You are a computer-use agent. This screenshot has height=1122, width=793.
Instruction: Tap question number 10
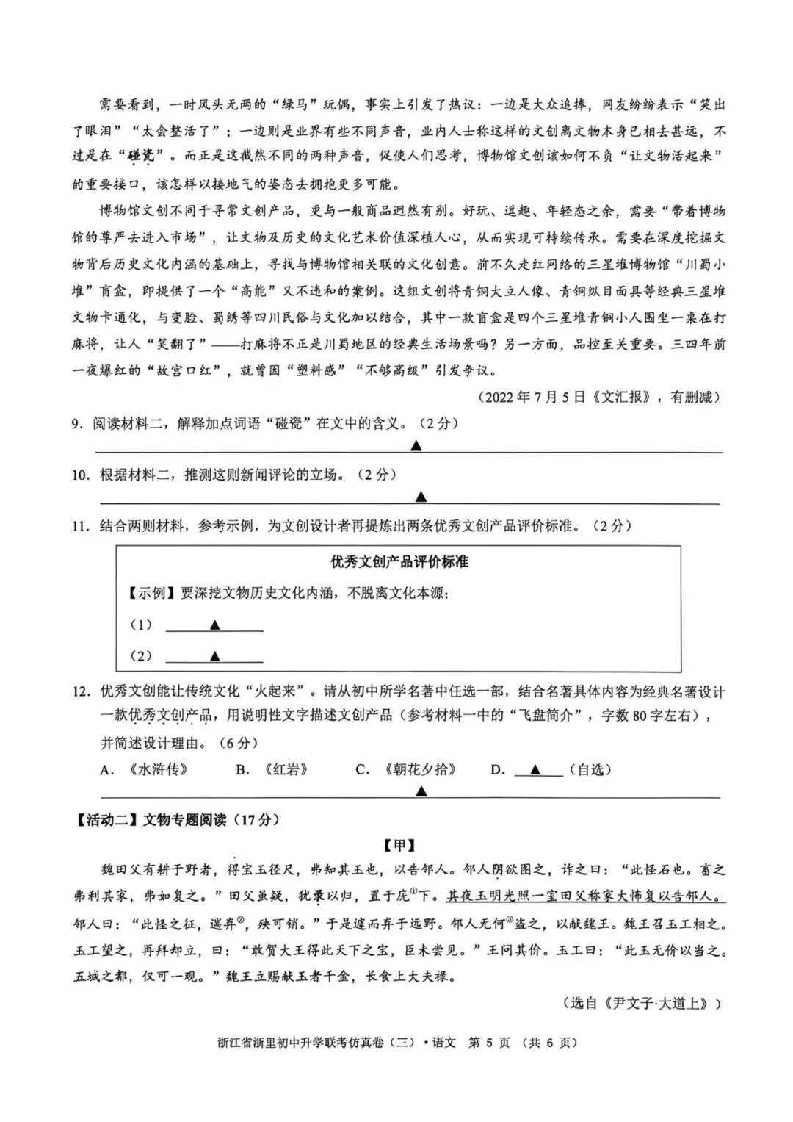[x=80, y=475]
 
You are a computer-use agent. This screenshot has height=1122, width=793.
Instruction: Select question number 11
[x=80, y=526]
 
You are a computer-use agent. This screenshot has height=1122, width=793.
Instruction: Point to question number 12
[x=80, y=692]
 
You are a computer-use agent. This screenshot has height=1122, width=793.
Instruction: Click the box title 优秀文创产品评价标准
[x=399, y=562]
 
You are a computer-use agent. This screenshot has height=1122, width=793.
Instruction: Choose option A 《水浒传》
[x=145, y=770]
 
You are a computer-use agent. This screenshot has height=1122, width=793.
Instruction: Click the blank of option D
[x=537, y=770]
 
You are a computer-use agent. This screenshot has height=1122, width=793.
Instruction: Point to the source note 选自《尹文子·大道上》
[x=641, y=1003]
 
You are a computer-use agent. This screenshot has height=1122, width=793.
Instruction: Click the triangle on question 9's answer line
[x=416, y=446]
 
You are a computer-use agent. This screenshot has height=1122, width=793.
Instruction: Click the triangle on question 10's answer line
[x=421, y=497]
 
